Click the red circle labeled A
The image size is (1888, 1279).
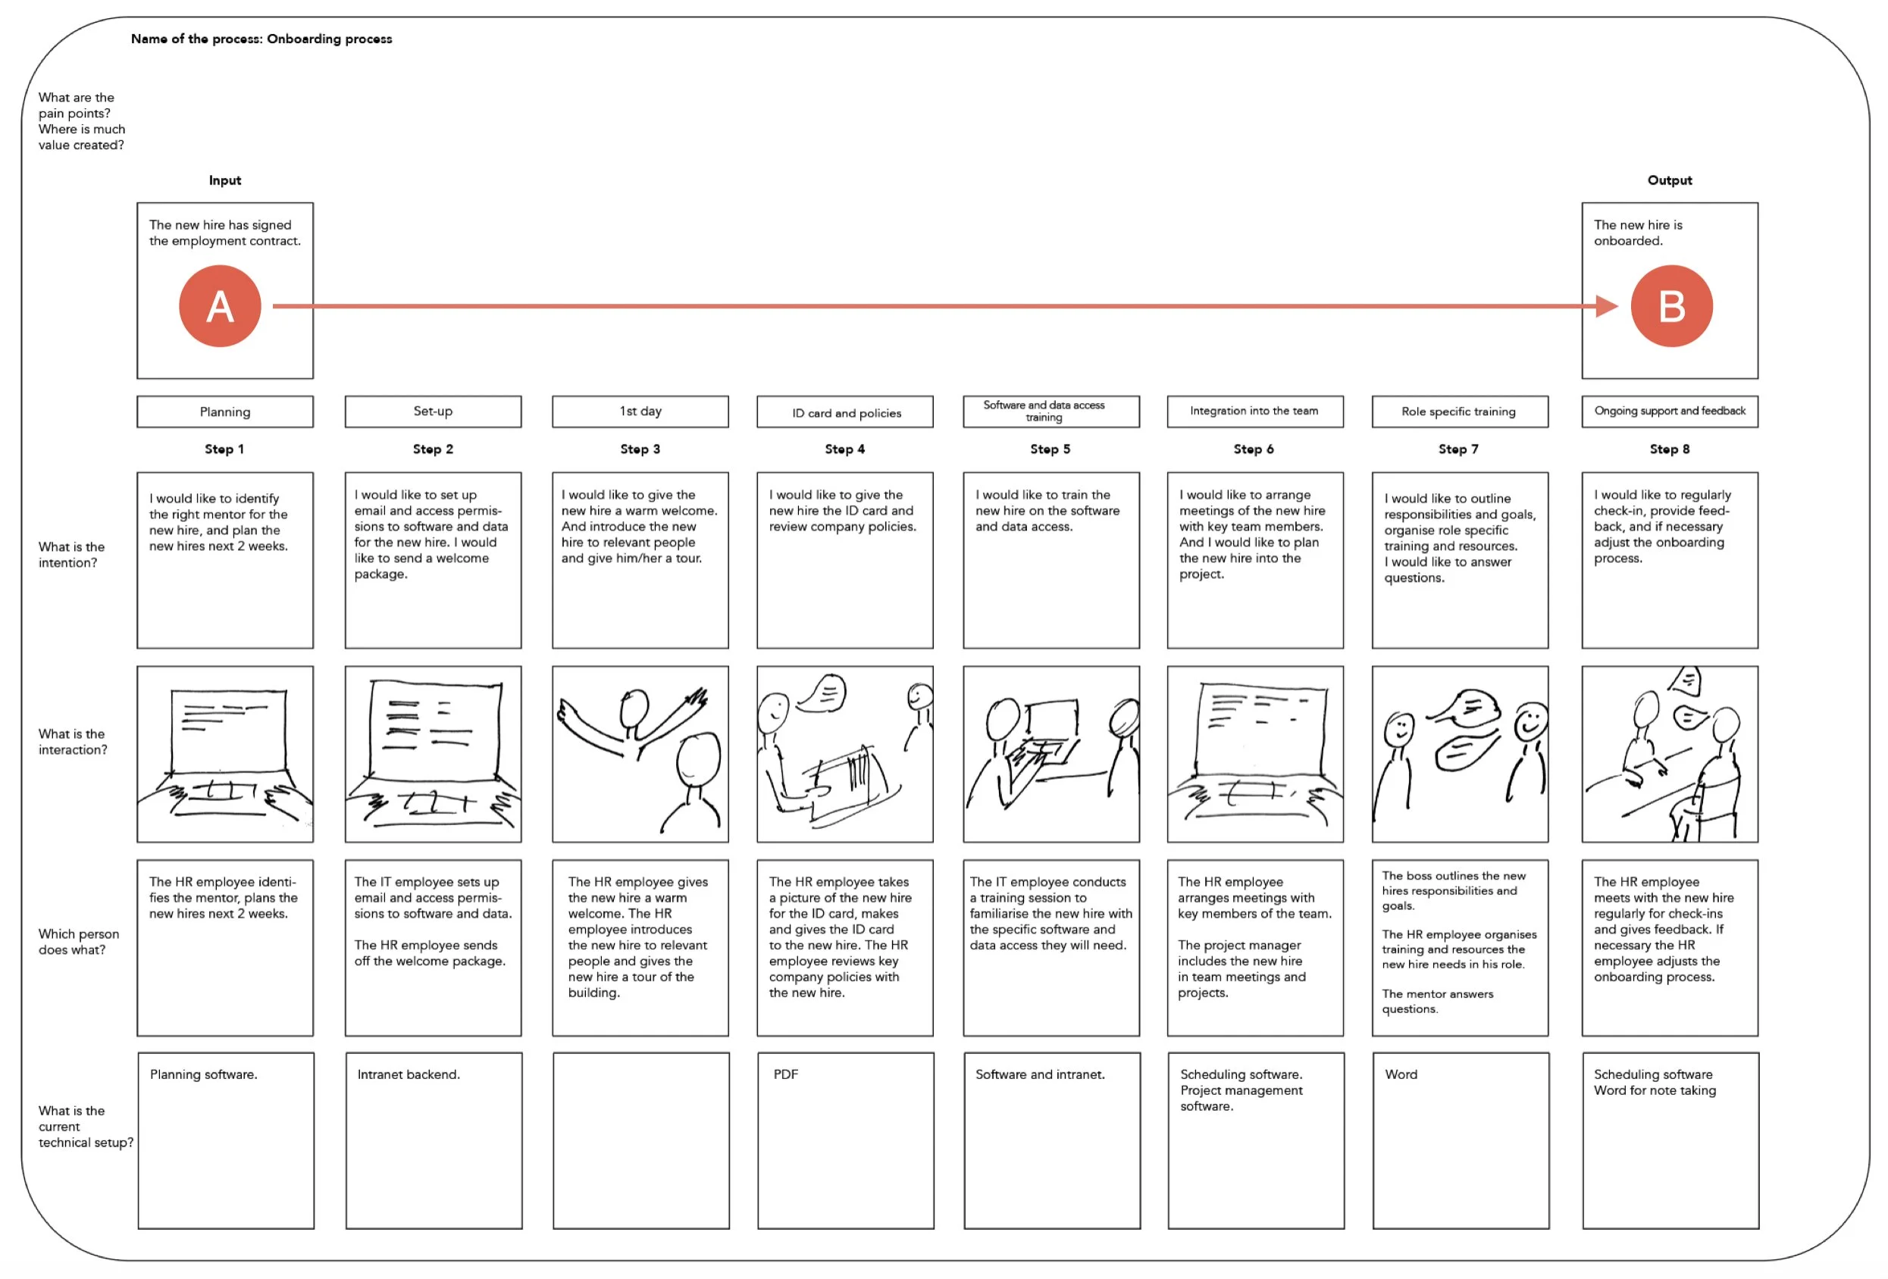click(x=219, y=306)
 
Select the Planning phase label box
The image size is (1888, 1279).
click(x=225, y=411)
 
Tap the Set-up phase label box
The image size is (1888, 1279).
click(x=433, y=411)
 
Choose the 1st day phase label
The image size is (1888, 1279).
click(x=640, y=411)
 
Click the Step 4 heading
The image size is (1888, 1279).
click(x=844, y=449)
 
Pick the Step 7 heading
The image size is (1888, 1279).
click(x=1457, y=449)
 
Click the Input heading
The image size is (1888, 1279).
click(x=225, y=180)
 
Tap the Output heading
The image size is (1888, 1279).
click(x=1669, y=180)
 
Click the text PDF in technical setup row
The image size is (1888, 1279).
click(x=784, y=1074)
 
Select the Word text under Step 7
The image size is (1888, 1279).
click(x=1401, y=1074)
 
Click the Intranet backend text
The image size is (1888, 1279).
click(x=408, y=1074)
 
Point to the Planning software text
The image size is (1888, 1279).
click(x=203, y=1074)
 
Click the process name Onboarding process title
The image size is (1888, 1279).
click(x=261, y=39)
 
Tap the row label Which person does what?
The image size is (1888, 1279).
click(x=78, y=942)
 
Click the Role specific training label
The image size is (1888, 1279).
click(x=1458, y=411)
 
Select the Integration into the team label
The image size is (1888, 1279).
click(x=1254, y=411)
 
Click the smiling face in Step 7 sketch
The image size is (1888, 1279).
click(x=1529, y=721)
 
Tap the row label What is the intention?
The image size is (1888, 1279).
click(x=71, y=555)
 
